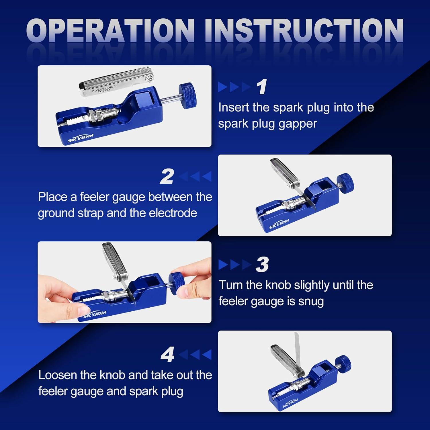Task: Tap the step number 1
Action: tap(262, 87)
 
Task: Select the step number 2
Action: tap(167, 176)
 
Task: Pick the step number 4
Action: tap(168, 355)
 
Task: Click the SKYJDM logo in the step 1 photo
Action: tap(81, 138)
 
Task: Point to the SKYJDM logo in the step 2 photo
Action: tap(279, 224)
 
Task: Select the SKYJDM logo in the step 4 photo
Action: tap(290, 403)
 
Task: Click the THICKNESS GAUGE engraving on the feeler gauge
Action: tap(103, 89)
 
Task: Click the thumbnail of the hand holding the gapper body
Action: tap(124, 282)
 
